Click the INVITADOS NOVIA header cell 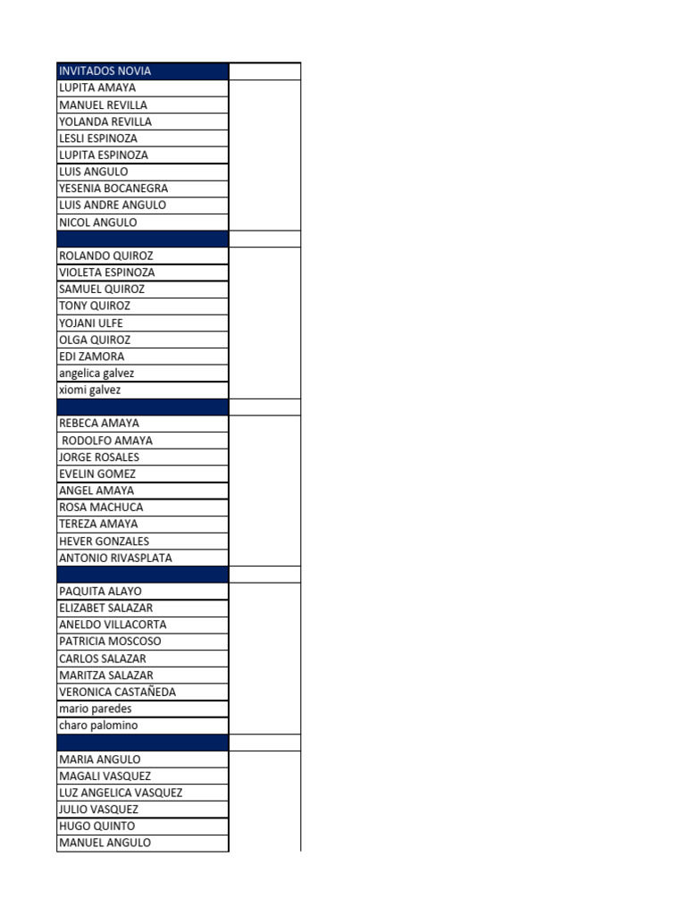(x=105, y=71)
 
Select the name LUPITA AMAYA (x=97, y=88)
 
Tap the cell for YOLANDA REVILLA (x=105, y=122)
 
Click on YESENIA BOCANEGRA (x=113, y=189)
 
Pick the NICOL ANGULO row (x=98, y=222)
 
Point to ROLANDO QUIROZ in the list (x=106, y=256)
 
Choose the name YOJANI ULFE (x=91, y=323)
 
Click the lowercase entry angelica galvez (x=96, y=374)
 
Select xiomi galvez (x=89, y=390)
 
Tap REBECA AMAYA (x=99, y=424)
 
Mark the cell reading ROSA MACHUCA (x=101, y=508)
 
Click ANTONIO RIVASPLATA (x=115, y=558)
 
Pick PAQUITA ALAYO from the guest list (x=100, y=592)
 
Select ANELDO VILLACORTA (x=113, y=625)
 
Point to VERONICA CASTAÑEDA (x=117, y=693)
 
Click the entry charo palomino (x=98, y=726)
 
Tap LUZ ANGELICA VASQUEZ (x=121, y=793)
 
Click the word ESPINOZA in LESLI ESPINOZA (x=113, y=139)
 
